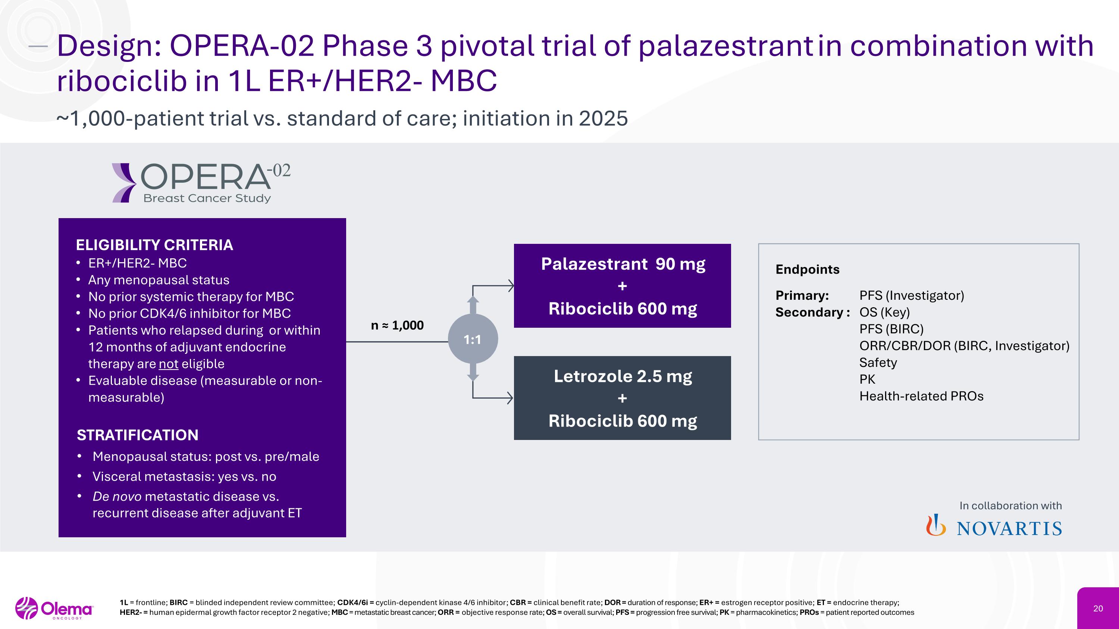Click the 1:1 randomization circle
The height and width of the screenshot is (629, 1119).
coord(473,339)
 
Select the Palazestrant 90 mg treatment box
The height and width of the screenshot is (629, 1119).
coord(622,286)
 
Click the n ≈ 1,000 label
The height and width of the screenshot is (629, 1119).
coord(397,325)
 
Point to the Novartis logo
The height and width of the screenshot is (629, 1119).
coord(994,527)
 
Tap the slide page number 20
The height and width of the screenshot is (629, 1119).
coord(1098,608)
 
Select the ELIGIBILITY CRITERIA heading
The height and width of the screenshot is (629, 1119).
coord(154,245)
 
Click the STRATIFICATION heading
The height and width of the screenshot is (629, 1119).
coord(137,435)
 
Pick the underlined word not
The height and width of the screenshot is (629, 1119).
coord(169,364)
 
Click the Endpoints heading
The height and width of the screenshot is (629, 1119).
coord(807,270)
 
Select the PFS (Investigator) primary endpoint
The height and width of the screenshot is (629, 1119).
coord(911,296)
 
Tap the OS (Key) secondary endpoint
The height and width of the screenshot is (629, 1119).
coord(884,312)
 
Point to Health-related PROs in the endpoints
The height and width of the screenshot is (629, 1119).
coord(921,396)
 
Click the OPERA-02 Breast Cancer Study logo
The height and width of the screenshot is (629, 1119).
coord(201,183)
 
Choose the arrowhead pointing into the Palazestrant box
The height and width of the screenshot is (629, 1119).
coord(511,286)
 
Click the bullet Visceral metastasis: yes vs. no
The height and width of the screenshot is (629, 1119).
coord(184,476)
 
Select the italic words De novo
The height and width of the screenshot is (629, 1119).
coord(116,496)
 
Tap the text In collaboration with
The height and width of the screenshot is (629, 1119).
coord(1010,506)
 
